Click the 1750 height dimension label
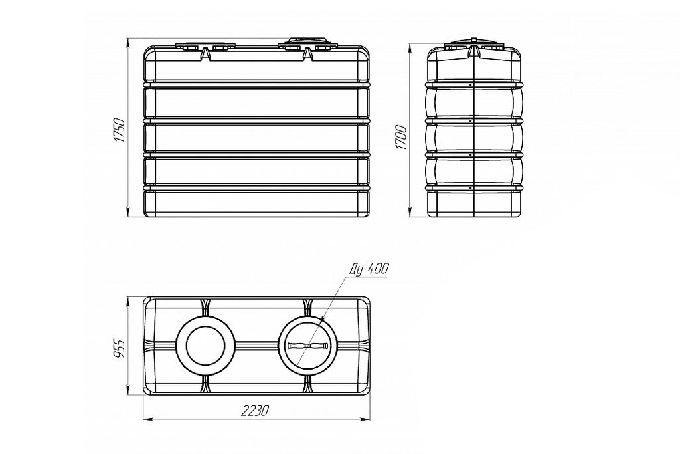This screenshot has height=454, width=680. point(120,130)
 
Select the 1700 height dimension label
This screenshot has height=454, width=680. point(402,138)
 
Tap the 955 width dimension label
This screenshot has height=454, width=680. point(120,348)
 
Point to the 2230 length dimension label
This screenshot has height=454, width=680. point(256,411)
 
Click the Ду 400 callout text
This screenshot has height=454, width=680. point(368,269)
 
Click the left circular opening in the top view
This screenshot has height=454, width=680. point(205,345)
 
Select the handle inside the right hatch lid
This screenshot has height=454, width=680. point(307,346)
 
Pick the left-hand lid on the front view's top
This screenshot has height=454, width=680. point(206,46)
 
